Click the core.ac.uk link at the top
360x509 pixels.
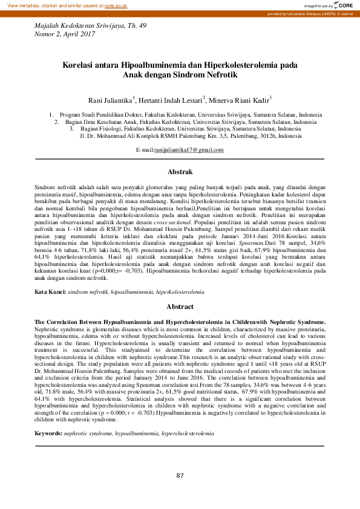point(116,5)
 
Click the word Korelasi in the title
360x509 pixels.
point(82,63)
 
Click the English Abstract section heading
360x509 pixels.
point(180,306)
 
